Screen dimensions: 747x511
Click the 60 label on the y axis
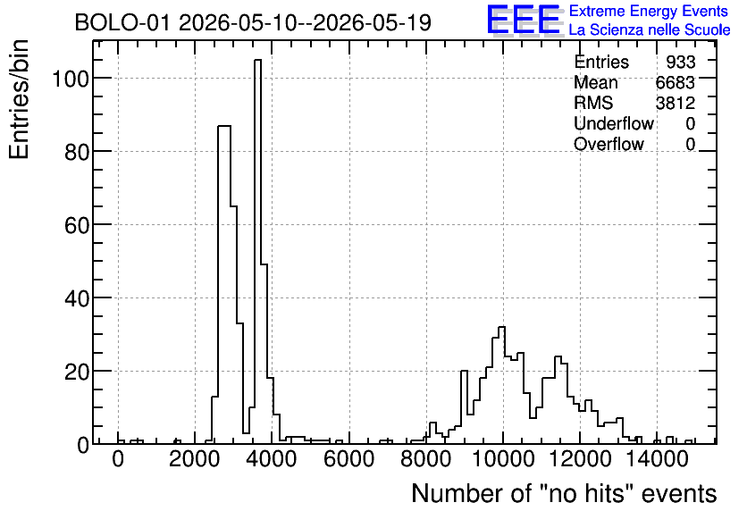77,225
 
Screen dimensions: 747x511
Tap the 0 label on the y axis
83,445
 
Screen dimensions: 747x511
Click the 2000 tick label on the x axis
196,460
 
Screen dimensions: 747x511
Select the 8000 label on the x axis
426,460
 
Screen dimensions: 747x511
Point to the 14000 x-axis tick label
658,460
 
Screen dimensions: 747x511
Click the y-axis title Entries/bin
19,99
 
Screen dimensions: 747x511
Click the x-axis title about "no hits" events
564,493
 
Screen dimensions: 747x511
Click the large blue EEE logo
523,21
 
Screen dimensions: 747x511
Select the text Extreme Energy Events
649,11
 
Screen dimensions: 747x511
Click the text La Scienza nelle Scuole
650,30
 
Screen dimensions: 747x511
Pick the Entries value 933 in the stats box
680,62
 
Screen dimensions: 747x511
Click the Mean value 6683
675,82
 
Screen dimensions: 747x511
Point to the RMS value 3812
675,103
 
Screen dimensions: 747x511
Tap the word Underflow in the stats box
614,123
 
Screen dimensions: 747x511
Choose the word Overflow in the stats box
609,144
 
